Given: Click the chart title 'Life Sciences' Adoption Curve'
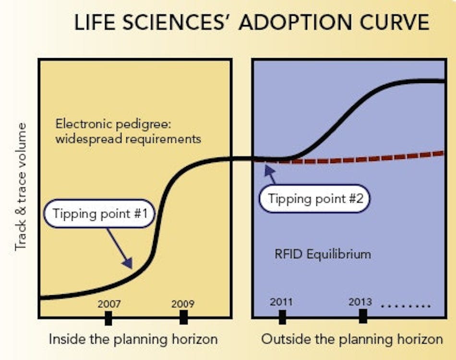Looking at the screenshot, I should pos(252,23).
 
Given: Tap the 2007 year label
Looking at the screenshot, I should pos(109,303).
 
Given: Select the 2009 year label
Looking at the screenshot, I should pos(183,303).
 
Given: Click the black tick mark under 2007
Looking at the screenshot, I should pos(108,317).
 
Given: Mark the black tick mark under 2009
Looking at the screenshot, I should pos(183,317).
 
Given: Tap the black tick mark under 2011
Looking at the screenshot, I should pos(282,317).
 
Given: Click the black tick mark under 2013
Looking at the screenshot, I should pos(363,316).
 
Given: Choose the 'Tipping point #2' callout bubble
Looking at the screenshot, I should pos(314,199).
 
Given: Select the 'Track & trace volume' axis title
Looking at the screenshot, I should pos(20,186).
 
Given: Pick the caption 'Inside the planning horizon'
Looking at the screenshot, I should pos(133,339).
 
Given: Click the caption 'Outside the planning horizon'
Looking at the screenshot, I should pos(352,339).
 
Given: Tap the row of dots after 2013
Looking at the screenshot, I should pos(406,306).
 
